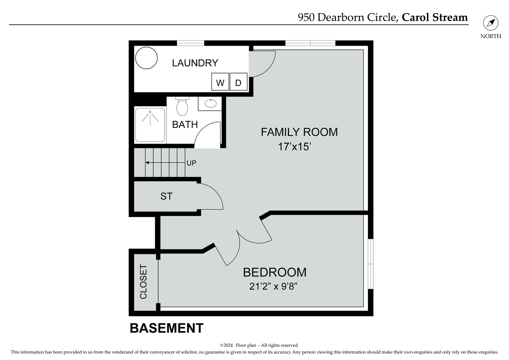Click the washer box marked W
pyautogui.click(x=220, y=82)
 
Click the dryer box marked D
pyautogui.click(x=238, y=82)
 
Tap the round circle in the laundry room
pyautogui.click(x=146, y=58)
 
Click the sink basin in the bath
pyautogui.click(x=210, y=103)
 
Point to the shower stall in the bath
pyautogui.click(x=150, y=124)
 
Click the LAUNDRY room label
pyautogui.click(x=195, y=63)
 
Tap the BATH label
pyautogui.click(x=185, y=125)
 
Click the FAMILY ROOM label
pyautogui.click(x=299, y=132)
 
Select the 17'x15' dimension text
pyautogui.click(x=294, y=147)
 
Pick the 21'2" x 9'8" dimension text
pyautogui.click(x=273, y=286)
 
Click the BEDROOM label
pyautogui.click(x=274, y=272)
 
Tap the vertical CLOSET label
pyautogui.click(x=143, y=282)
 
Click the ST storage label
pyautogui.click(x=166, y=196)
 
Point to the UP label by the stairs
pyautogui.click(x=191, y=163)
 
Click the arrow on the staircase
pyautogui.click(x=165, y=163)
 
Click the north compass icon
pyautogui.click(x=491, y=23)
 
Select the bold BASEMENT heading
pyautogui.click(x=166, y=328)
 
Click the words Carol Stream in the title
pyautogui.click(x=435, y=17)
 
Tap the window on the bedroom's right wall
pyautogui.click(x=370, y=264)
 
